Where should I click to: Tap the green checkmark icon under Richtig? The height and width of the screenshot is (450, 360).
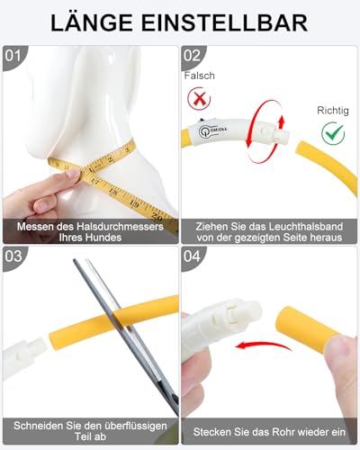332,133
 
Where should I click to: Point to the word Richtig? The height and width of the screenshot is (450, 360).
332,112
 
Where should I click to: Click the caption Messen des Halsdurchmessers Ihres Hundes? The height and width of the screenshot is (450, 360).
89,231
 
